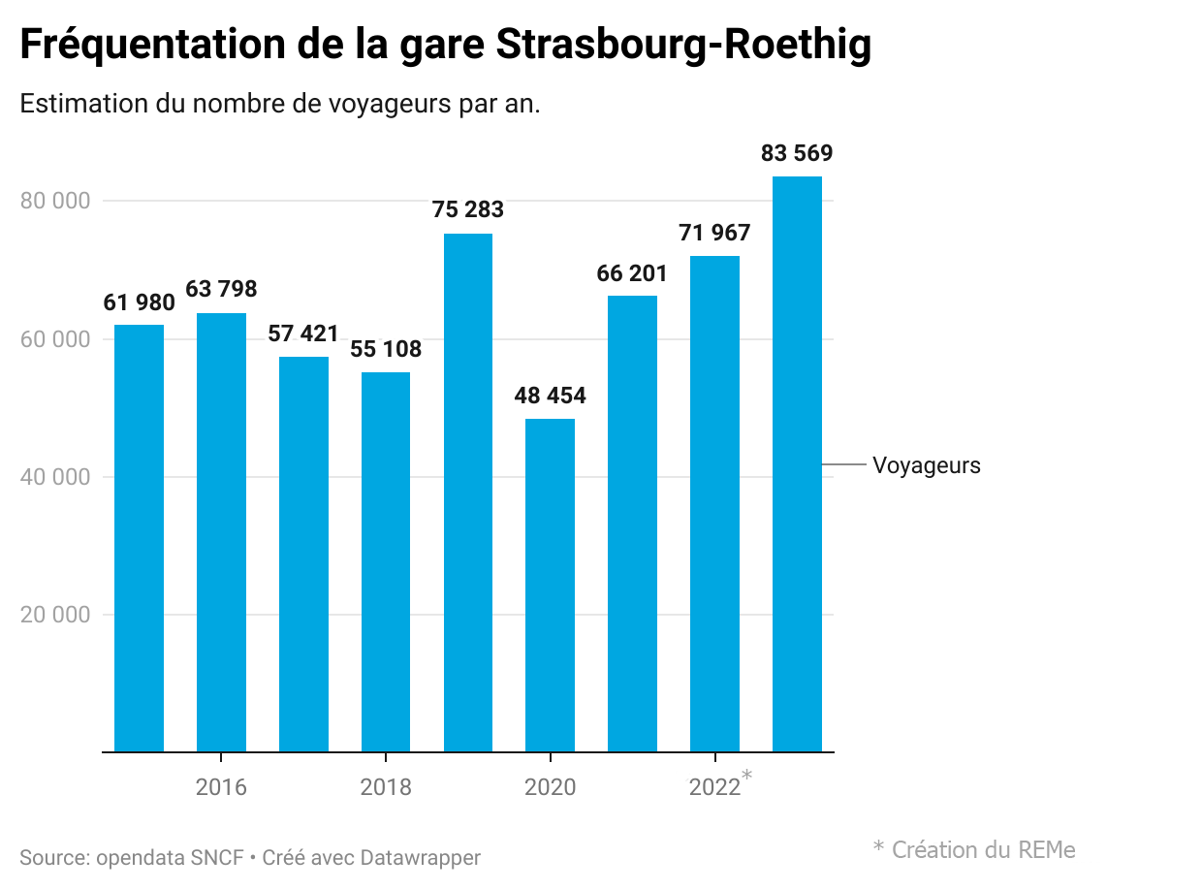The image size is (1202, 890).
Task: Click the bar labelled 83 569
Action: (x=797, y=464)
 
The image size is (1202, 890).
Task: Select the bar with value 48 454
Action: (x=550, y=586)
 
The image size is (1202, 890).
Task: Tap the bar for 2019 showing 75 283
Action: (x=467, y=493)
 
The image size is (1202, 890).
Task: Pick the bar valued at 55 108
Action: (x=385, y=562)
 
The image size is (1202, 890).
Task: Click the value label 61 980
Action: (x=140, y=302)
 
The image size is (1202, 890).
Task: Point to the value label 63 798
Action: (x=221, y=289)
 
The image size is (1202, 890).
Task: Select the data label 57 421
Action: (x=303, y=334)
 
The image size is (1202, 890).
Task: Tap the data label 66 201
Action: (x=632, y=273)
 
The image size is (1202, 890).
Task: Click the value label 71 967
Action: (x=714, y=233)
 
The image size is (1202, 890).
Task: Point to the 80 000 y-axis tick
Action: (x=54, y=201)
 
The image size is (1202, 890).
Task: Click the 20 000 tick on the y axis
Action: (x=54, y=615)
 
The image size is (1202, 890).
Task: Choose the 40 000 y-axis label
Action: (x=54, y=477)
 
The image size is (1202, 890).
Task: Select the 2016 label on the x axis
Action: (x=221, y=787)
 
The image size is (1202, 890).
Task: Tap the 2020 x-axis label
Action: (x=550, y=787)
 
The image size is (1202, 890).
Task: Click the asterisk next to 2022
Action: (x=746, y=775)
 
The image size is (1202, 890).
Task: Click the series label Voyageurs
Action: (x=926, y=465)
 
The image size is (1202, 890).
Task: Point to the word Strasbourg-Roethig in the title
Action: (x=683, y=44)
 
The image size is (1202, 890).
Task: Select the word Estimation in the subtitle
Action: (x=84, y=103)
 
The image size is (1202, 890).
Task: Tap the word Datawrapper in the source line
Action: (x=420, y=857)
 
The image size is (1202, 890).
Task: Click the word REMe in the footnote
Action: (x=1047, y=850)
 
